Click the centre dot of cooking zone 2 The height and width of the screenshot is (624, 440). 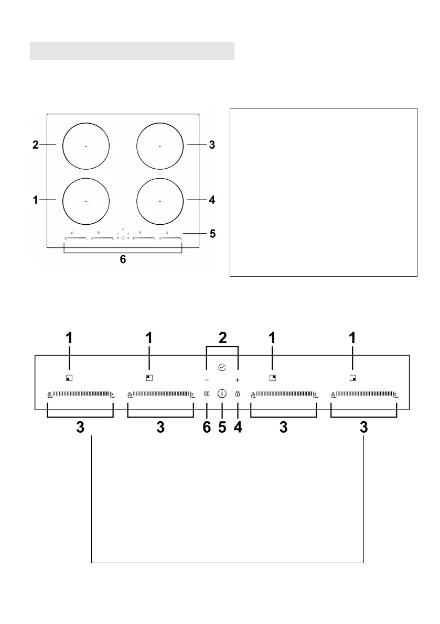pyautogui.click(x=85, y=146)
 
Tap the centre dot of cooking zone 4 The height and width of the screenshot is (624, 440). pyautogui.click(x=160, y=201)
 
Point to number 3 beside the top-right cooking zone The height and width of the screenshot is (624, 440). pyautogui.click(x=212, y=145)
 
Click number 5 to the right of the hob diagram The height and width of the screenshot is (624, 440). pyautogui.click(x=212, y=233)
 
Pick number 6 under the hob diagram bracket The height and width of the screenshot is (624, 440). pyautogui.click(x=123, y=259)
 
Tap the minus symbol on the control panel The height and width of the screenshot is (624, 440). pyautogui.click(x=207, y=379)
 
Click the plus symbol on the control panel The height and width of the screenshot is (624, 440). pyautogui.click(x=238, y=379)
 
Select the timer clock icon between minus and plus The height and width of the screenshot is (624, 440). pyautogui.click(x=222, y=368)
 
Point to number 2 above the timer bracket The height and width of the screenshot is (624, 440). pyautogui.click(x=223, y=338)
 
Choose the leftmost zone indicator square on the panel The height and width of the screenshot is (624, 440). pyautogui.click(x=69, y=377)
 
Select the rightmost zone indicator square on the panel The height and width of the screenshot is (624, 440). pyautogui.click(x=352, y=377)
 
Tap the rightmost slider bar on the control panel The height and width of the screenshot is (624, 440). pyautogui.click(x=364, y=393)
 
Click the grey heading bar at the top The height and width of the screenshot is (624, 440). pyautogui.click(x=132, y=51)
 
